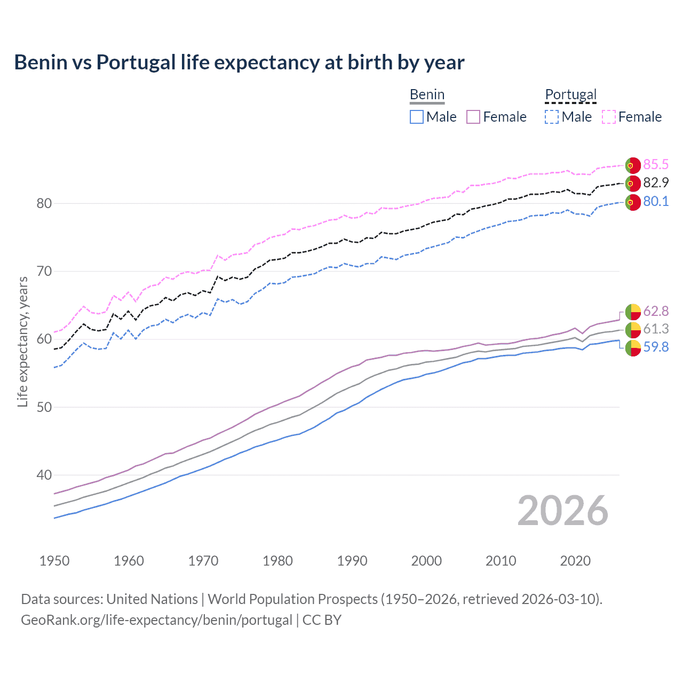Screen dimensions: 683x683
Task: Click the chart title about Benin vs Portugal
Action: (x=239, y=62)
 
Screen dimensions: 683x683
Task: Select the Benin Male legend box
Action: (x=417, y=117)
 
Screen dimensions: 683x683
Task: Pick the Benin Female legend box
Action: (x=474, y=117)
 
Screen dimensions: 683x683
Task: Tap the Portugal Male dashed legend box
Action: (x=552, y=117)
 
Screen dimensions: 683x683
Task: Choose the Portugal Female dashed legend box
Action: (x=609, y=117)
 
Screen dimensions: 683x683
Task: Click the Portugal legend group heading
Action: (x=570, y=94)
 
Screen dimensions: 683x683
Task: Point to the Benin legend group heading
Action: (x=427, y=94)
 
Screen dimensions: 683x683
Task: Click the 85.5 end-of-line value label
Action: (x=656, y=164)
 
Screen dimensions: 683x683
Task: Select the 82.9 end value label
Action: (x=656, y=182)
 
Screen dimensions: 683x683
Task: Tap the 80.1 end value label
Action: (x=656, y=201)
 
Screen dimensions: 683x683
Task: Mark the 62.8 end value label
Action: (x=656, y=311)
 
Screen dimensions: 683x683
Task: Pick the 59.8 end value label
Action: (x=656, y=347)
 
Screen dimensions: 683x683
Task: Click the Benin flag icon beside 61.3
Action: (x=633, y=329)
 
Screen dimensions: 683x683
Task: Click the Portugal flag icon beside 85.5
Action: (x=633, y=165)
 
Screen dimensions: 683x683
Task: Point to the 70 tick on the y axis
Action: (x=44, y=271)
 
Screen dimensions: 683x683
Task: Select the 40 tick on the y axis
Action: (x=44, y=475)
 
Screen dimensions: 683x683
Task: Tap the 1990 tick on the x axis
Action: (x=352, y=561)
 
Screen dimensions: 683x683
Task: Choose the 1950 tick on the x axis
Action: (x=54, y=561)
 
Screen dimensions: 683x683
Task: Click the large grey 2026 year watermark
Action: (x=562, y=511)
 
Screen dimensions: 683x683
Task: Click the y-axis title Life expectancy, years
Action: (x=23, y=341)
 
